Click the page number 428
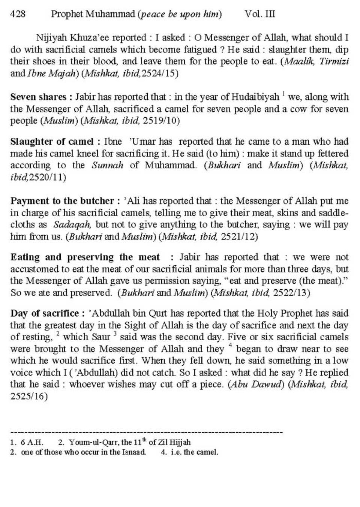pos(18,14)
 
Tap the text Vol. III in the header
pos(259,14)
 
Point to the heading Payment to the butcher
pos(61,201)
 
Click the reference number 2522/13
pos(291,293)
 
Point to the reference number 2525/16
pos(29,396)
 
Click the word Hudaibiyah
pos(255,97)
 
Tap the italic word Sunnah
pos(107,165)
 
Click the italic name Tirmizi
pos(334,61)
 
